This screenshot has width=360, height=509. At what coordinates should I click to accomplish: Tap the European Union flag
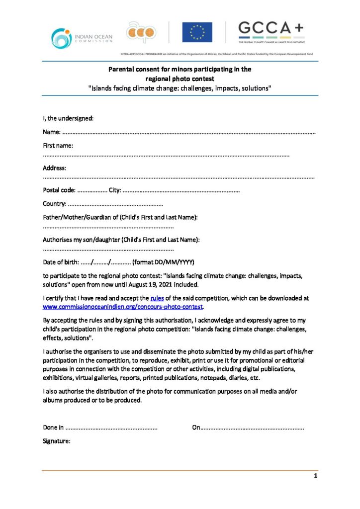pos(197,32)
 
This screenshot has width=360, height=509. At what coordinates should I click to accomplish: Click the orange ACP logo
pos(141,32)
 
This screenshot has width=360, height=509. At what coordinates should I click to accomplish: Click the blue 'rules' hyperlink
pos(157,298)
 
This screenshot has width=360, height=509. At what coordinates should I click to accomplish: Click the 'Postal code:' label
pos(59,190)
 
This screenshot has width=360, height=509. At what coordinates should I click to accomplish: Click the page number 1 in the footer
pos(315,476)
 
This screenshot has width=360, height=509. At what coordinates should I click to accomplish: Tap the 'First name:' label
pos(58,146)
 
